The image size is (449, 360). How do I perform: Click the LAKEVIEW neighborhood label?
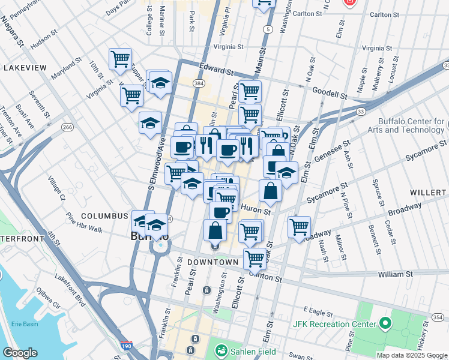(25, 68)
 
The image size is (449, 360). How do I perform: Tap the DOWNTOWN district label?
(212, 263)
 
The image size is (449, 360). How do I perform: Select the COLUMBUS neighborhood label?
(105, 216)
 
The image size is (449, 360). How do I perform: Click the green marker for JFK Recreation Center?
(385, 325)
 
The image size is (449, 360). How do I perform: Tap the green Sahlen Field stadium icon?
(221, 350)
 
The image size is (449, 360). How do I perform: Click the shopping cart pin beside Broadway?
(299, 227)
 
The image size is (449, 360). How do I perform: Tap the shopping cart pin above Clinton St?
(255, 259)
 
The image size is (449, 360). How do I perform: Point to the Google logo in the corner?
(20, 353)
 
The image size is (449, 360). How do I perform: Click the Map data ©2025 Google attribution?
(411, 355)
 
